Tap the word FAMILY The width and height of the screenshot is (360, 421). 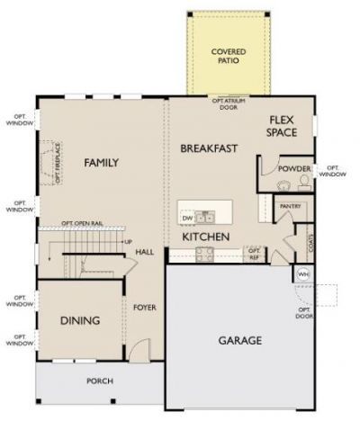click(x=102, y=163)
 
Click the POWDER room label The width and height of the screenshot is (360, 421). click(x=294, y=168)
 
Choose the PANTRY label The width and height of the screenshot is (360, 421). click(x=290, y=206)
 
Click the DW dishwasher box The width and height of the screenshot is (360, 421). click(x=187, y=218)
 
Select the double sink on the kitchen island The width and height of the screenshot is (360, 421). click(x=207, y=216)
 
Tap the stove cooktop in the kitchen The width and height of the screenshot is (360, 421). click(x=204, y=252)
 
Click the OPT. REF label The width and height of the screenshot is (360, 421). click(x=254, y=252)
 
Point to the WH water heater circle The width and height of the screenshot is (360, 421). click(x=302, y=273)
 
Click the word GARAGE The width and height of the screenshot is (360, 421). click(x=239, y=341)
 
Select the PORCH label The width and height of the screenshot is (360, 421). click(x=99, y=381)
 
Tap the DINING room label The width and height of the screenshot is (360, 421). click(x=79, y=321)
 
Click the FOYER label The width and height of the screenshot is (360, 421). click(x=144, y=308)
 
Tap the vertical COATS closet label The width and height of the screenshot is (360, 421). click(x=310, y=243)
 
